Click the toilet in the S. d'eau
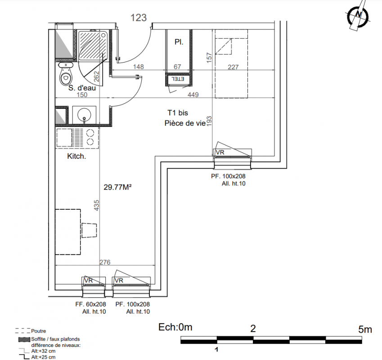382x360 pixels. tap(66, 74)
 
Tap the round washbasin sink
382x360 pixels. tap(84, 114)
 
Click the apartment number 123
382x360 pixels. tap(139, 18)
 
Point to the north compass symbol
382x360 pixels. tap(358, 16)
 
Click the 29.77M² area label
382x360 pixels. tap(118, 187)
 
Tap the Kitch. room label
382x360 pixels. tap(76, 156)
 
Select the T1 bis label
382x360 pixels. tap(178, 113)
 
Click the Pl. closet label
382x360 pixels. tap(179, 42)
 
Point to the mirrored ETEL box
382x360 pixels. tap(179, 79)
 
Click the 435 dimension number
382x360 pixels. tap(97, 205)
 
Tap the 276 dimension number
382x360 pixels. tap(105, 262)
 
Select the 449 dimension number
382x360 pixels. tap(193, 94)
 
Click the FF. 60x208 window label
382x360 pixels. tap(90, 304)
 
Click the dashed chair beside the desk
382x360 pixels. tap(89, 230)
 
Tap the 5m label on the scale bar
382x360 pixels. tap(365, 329)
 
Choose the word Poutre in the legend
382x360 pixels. tap(39, 331)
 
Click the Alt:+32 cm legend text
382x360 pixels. tap(43, 351)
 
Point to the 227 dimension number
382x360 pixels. tap(233, 67)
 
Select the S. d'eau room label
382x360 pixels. tap(82, 88)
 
